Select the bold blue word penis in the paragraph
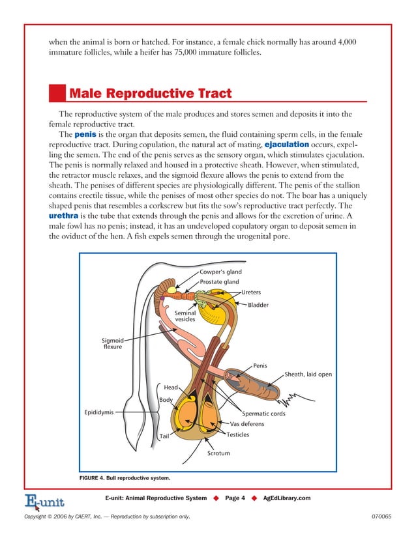(x=86, y=134)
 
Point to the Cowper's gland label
(x=220, y=272)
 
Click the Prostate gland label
(x=219, y=282)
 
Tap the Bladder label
(x=258, y=305)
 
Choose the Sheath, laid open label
(x=308, y=375)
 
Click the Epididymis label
(x=99, y=412)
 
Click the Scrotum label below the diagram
(x=218, y=453)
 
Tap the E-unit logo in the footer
(x=43, y=500)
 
